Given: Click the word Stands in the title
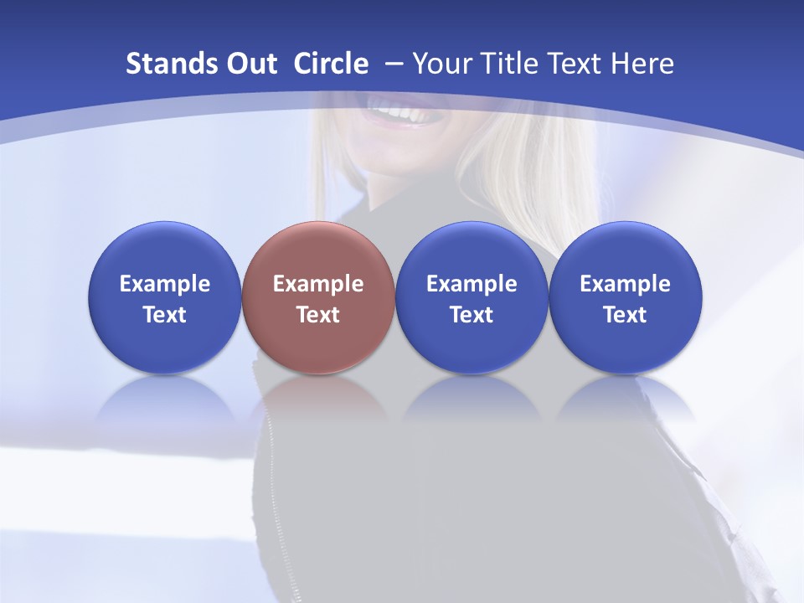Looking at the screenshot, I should [x=171, y=64].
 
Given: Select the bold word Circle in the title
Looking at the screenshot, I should [x=331, y=64].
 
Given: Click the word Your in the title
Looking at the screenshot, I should [x=442, y=64].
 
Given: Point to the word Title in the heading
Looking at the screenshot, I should [x=511, y=64].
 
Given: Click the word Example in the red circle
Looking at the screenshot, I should [x=318, y=284].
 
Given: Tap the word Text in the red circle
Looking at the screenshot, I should [x=318, y=315].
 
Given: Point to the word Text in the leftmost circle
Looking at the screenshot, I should [x=164, y=315].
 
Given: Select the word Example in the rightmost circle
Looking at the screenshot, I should [x=625, y=284].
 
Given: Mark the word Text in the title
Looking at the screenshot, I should [x=578, y=64].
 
